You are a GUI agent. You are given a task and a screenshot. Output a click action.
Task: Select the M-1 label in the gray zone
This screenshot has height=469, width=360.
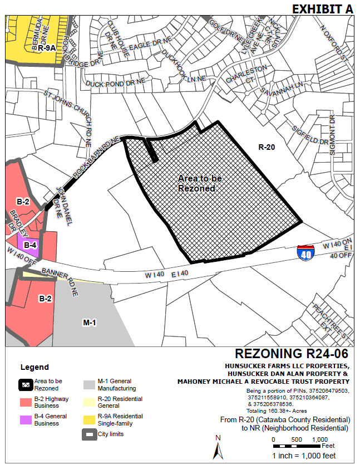point(90,323)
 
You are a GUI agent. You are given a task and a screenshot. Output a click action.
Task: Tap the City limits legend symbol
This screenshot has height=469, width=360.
point(89,434)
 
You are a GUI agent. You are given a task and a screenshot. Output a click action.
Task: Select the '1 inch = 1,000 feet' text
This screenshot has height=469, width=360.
point(304,456)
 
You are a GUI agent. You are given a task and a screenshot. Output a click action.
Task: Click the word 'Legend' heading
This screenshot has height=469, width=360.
point(34,367)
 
